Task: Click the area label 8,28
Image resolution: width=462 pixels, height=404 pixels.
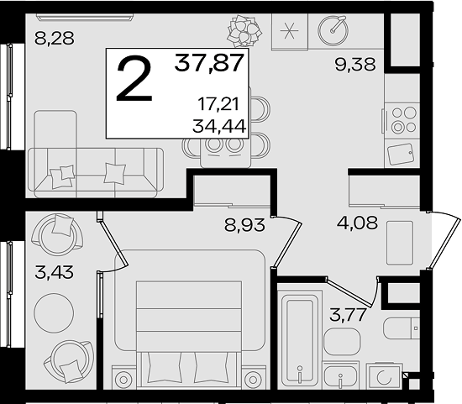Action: [x=55, y=39]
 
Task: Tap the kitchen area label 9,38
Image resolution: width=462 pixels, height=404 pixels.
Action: [x=355, y=64]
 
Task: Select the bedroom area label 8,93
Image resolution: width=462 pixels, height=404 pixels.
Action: [x=244, y=225]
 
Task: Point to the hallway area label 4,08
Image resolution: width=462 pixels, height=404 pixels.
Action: [x=357, y=223]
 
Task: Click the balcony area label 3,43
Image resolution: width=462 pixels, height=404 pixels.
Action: [x=54, y=272]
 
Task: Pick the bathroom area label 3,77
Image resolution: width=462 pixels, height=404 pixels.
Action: [x=349, y=314]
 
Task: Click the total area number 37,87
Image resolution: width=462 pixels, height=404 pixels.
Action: [x=209, y=63]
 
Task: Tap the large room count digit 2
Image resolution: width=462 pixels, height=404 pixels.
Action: [x=134, y=78]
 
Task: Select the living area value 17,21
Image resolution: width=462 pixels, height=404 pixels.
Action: [x=218, y=104]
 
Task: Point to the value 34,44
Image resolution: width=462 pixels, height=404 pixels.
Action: [x=219, y=127]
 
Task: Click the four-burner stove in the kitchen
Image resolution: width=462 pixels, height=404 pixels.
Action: [x=402, y=120]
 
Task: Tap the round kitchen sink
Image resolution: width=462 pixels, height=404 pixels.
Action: [x=333, y=30]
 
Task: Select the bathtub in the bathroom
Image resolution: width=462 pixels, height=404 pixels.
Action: [x=300, y=338]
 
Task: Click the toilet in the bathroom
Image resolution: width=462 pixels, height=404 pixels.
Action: [x=402, y=328]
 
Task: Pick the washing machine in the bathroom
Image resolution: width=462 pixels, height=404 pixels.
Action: [x=384, y=377]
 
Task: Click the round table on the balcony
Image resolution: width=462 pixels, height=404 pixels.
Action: [x=54, y=313]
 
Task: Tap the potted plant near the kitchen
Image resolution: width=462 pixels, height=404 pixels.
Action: [x=244, y=30]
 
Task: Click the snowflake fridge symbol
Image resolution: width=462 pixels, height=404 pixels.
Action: [x=289, y=30]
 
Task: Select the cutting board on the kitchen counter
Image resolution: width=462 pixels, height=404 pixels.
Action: [x=401, y=154]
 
